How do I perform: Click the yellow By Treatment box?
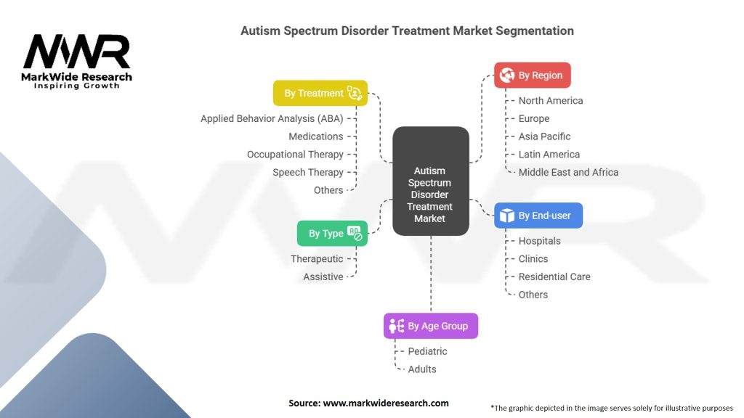click(x=320, y=93)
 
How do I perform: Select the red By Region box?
click(x=533, y=75)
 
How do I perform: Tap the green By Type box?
click(x=332, y=233)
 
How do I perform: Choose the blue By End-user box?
click(x=538, y=216)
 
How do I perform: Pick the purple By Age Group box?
click(x=431, y=326)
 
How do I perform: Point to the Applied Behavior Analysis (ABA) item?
click(x=272, y=118)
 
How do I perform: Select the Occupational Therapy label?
click(x=295, y=154)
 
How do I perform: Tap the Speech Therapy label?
click(x=307, y=172)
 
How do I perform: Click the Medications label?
click(x=315, y=136)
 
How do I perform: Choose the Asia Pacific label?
click(x=544, y=136)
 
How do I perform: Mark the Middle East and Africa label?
click(x=568, y=172)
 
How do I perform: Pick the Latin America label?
click(x=549, y=154)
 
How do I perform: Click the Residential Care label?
click(x=554, y=276)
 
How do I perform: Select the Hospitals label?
click(x=539, y=241)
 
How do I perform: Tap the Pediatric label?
click(x=427, y=351)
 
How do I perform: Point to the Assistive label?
click(x=323, y=276)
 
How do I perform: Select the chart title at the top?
click(x=407, y=30)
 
